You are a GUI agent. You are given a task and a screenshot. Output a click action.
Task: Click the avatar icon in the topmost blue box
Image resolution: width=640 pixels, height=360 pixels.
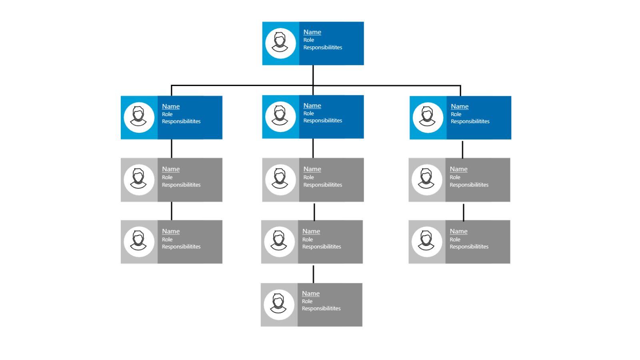(x=280, y=43)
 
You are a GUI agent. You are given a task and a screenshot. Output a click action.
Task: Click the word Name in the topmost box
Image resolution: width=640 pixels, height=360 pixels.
(x=312, y=32)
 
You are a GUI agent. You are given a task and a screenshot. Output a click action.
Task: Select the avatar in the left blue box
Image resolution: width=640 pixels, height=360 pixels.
(x=139, y=117)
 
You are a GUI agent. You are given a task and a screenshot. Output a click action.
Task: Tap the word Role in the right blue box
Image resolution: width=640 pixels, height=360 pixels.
(x=456, y=114)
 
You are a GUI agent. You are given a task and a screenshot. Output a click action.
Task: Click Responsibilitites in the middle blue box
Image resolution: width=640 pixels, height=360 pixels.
(x=322, y=120)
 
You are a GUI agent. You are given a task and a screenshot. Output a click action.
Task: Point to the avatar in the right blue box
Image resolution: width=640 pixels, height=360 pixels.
(x=428, y=117)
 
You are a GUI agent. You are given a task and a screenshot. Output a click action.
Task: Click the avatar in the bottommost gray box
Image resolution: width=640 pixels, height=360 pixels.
(x=279, y=304)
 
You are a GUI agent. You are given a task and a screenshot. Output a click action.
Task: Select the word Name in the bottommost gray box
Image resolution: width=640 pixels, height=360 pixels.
(x=310, y=293)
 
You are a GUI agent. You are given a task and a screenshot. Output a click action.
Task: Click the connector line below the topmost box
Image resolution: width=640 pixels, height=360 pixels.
(x=313, y=75)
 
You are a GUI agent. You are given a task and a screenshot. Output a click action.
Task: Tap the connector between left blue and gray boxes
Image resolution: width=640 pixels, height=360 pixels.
(x=172, y=148)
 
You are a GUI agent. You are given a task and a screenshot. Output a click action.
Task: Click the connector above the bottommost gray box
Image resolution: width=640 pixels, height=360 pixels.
(x=313, y=274)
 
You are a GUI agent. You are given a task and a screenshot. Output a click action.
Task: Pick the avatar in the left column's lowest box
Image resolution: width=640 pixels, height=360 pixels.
(x=139, y=242)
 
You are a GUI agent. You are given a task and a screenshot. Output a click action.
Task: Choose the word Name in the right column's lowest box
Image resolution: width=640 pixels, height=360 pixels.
(x=458, y=231)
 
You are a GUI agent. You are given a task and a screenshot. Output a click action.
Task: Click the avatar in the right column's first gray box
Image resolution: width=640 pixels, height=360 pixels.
(x=427, y=180)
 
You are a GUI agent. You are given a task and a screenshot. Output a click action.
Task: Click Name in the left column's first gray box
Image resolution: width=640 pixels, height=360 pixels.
(x=170, y=169)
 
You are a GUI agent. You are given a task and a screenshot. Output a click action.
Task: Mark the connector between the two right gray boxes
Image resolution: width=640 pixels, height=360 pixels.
(x=463, y=212)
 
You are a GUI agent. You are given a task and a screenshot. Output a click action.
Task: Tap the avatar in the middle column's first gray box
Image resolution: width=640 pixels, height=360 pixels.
(x=280, y=180)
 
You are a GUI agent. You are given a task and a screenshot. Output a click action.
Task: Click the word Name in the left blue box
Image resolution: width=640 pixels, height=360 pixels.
(x=170, y=106)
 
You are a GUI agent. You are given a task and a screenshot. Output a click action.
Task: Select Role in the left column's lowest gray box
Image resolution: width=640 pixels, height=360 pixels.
(x=167, y=240)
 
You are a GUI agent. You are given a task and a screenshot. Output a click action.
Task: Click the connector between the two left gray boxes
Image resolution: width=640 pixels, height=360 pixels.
(x=172, y=211)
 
